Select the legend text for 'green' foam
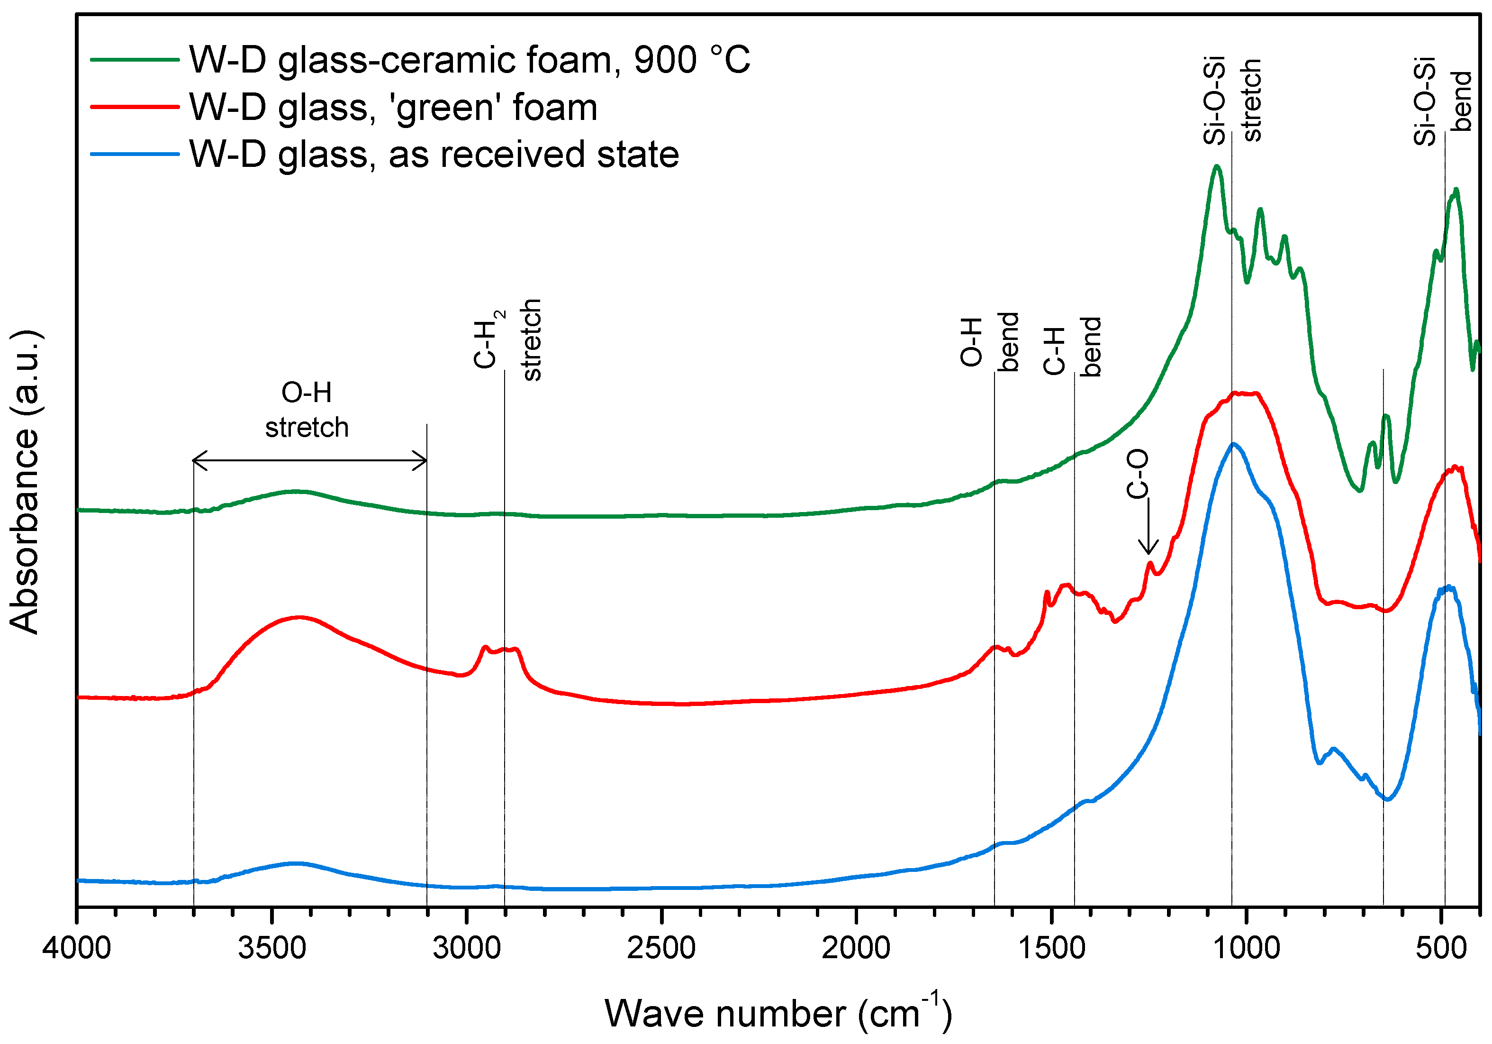(393, 107)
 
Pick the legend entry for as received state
(434, 155)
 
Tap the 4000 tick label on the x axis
(77, 948)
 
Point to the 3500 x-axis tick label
(271, 948)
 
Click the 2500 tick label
(661, 948)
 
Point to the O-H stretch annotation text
(307, 410)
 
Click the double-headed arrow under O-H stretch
(310, 460)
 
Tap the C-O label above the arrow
(1137, 474)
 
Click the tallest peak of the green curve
(1216, 166)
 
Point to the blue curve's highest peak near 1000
(1233, 444)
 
